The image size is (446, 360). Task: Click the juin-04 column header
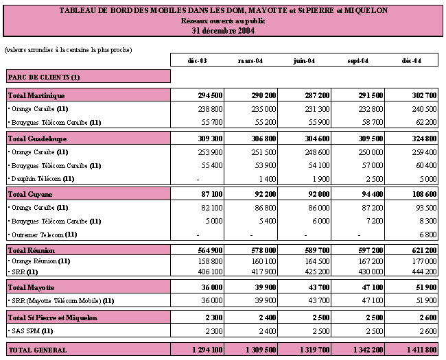click(x=304, y=61)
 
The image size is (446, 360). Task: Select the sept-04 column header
click(x=357, y=61)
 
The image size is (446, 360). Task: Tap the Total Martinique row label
click(x=36, y=95)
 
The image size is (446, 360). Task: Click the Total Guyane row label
click(x=30, y=194)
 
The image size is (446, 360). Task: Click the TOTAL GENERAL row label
click(x=38, y=350)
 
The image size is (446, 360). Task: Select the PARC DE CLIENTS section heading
click(x=44, y=77)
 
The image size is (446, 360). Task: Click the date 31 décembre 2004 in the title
click(x=223, y=31)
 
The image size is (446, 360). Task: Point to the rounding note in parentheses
click(x=68, y=50)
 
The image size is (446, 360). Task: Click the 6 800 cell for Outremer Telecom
click(x=427, y=235)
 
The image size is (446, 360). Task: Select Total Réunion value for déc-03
click(x=210, y=250)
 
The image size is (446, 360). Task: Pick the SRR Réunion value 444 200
click(x=424, y=272)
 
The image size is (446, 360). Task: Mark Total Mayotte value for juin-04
click(x=319, y=287)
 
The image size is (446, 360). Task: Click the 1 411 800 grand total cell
click(x=421, y=350)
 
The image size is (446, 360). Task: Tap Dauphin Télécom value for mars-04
click(x=268, y=179)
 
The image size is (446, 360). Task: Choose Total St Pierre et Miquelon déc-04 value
click(x=427, y=317)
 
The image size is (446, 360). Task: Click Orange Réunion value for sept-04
click(x=371, y=261)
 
